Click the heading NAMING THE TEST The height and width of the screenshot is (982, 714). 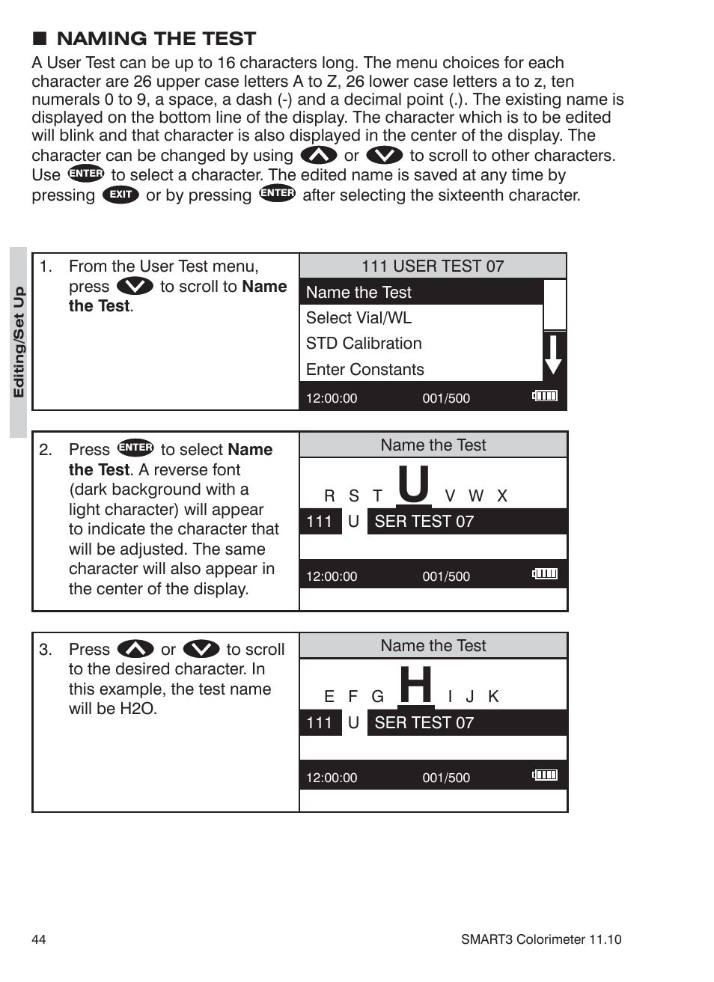(x=156, y=39)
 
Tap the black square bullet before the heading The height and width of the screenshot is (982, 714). (x=40, y=39)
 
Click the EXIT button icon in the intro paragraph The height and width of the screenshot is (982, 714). (x=120, y=195)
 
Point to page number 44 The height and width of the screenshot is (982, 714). (x=39, y=939)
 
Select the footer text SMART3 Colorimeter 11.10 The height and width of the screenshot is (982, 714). (x=540, y=939)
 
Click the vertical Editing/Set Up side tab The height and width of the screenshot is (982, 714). (x=19, y=342)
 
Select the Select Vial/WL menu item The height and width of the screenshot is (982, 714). (x=358, y=318)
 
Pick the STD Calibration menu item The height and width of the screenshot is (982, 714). (x=364, y=344)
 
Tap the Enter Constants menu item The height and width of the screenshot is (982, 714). (x=364, y=370)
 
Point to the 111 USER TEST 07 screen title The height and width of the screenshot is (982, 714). (x=433, y=266)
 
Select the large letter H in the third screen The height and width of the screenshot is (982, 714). (x=415, y=684)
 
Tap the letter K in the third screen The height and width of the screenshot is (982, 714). (x=493, y=697)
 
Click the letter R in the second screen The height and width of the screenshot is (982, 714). (x=329, y=496)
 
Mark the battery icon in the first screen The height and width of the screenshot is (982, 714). (x=545, y=396)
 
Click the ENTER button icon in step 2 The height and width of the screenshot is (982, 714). (x=135, y=448)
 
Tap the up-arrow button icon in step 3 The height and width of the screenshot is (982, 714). (x=135, y=649)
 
